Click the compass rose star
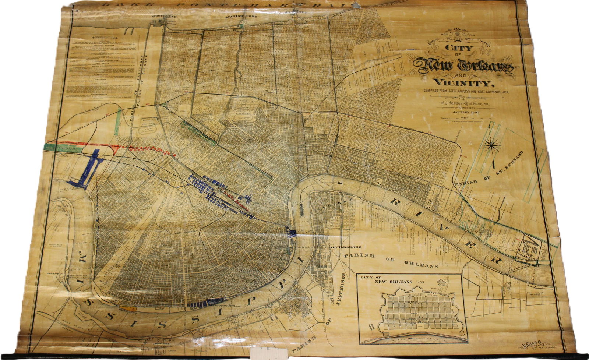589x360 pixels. [492, 145]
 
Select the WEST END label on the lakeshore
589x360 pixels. [165, 17]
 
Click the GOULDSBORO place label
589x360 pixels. [344, 246]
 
